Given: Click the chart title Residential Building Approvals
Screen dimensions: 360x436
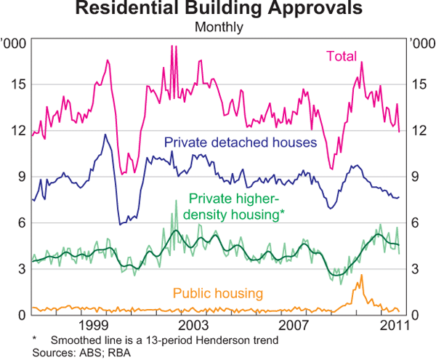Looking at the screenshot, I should (218, 9).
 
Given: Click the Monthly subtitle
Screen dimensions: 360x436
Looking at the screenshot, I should (218, 28).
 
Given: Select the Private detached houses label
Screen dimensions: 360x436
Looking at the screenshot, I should (241, 142).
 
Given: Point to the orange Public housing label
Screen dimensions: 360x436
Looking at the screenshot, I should (217, 293).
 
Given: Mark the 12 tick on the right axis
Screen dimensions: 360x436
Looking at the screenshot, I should (417, 130).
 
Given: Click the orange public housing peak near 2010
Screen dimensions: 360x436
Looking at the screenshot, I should (361, 276).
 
